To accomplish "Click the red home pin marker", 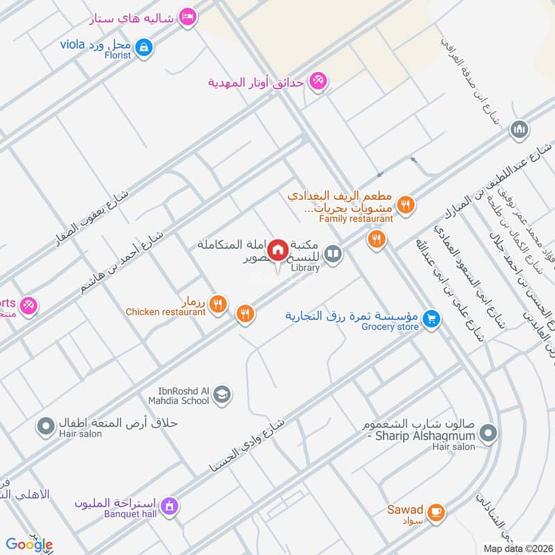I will pos(278,249).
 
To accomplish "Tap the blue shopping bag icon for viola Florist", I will pos(144,47).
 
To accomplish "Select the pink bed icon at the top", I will pos(187,17).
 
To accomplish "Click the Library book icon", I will pos(334,255).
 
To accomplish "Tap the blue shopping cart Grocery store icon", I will pos(432,318).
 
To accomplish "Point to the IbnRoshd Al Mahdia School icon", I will pos(222,395).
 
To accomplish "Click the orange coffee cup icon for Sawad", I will pos(436,512).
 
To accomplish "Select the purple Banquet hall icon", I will pos(169,508).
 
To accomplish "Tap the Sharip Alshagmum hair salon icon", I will pos(489,434).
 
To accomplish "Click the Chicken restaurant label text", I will pos(165,312).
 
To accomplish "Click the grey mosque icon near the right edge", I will pos(519,129).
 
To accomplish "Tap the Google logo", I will pos(28,545).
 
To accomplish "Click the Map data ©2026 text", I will pos(517,548).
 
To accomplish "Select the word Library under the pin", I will pos(305,268).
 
